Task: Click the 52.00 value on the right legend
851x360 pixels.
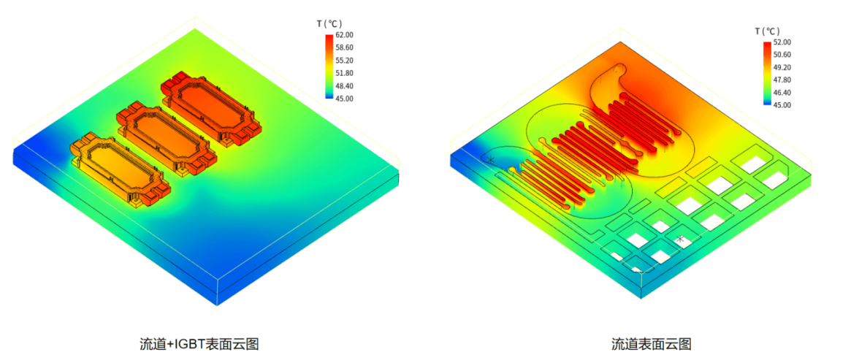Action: tap(782, 42)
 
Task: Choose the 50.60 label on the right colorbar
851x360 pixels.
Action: tap(782, 54)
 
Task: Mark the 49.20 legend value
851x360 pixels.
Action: tap(782, 67)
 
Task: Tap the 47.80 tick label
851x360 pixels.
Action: tap(782, 80)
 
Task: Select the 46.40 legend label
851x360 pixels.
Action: tap(782, 92)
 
